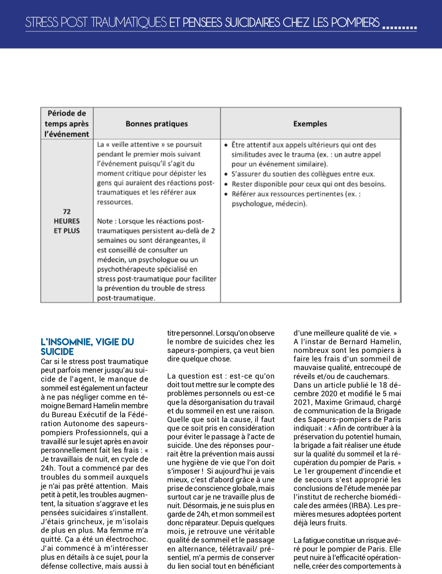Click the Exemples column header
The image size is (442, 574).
[x=310, y=124]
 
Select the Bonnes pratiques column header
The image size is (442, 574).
[x=157, y=124]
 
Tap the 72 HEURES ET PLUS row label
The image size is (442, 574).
[x=67, y=221]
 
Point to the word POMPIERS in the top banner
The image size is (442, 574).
[x=355, y=22]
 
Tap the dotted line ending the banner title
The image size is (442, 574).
[x=399, y=28]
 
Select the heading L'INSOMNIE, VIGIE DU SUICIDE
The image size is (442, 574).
[x=87, y=346]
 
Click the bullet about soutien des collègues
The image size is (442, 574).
[x=303, y=174]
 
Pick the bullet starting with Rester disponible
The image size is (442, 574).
[x=309, y=184]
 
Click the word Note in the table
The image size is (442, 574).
[x=105, y=221]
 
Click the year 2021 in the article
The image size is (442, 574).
[x=302, y=402]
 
